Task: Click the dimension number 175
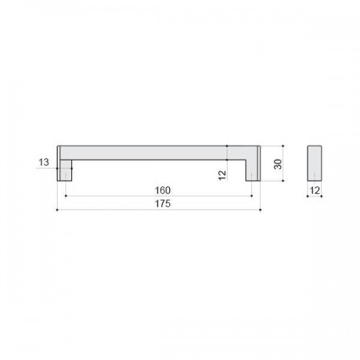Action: (x=163, y=204)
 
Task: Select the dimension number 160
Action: (x=163, y=190)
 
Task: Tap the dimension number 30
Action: (x=278, y=164)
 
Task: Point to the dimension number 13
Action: (x=44, y=162)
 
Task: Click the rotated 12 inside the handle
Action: (x=222, y=175)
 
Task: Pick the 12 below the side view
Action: (x=315, y=190)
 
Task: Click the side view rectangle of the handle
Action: (x=315, y=163)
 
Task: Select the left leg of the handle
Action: (x=65, y=170)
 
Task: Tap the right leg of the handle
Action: (x=253, y=170)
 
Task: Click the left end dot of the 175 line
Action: (x=57, y=210)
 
